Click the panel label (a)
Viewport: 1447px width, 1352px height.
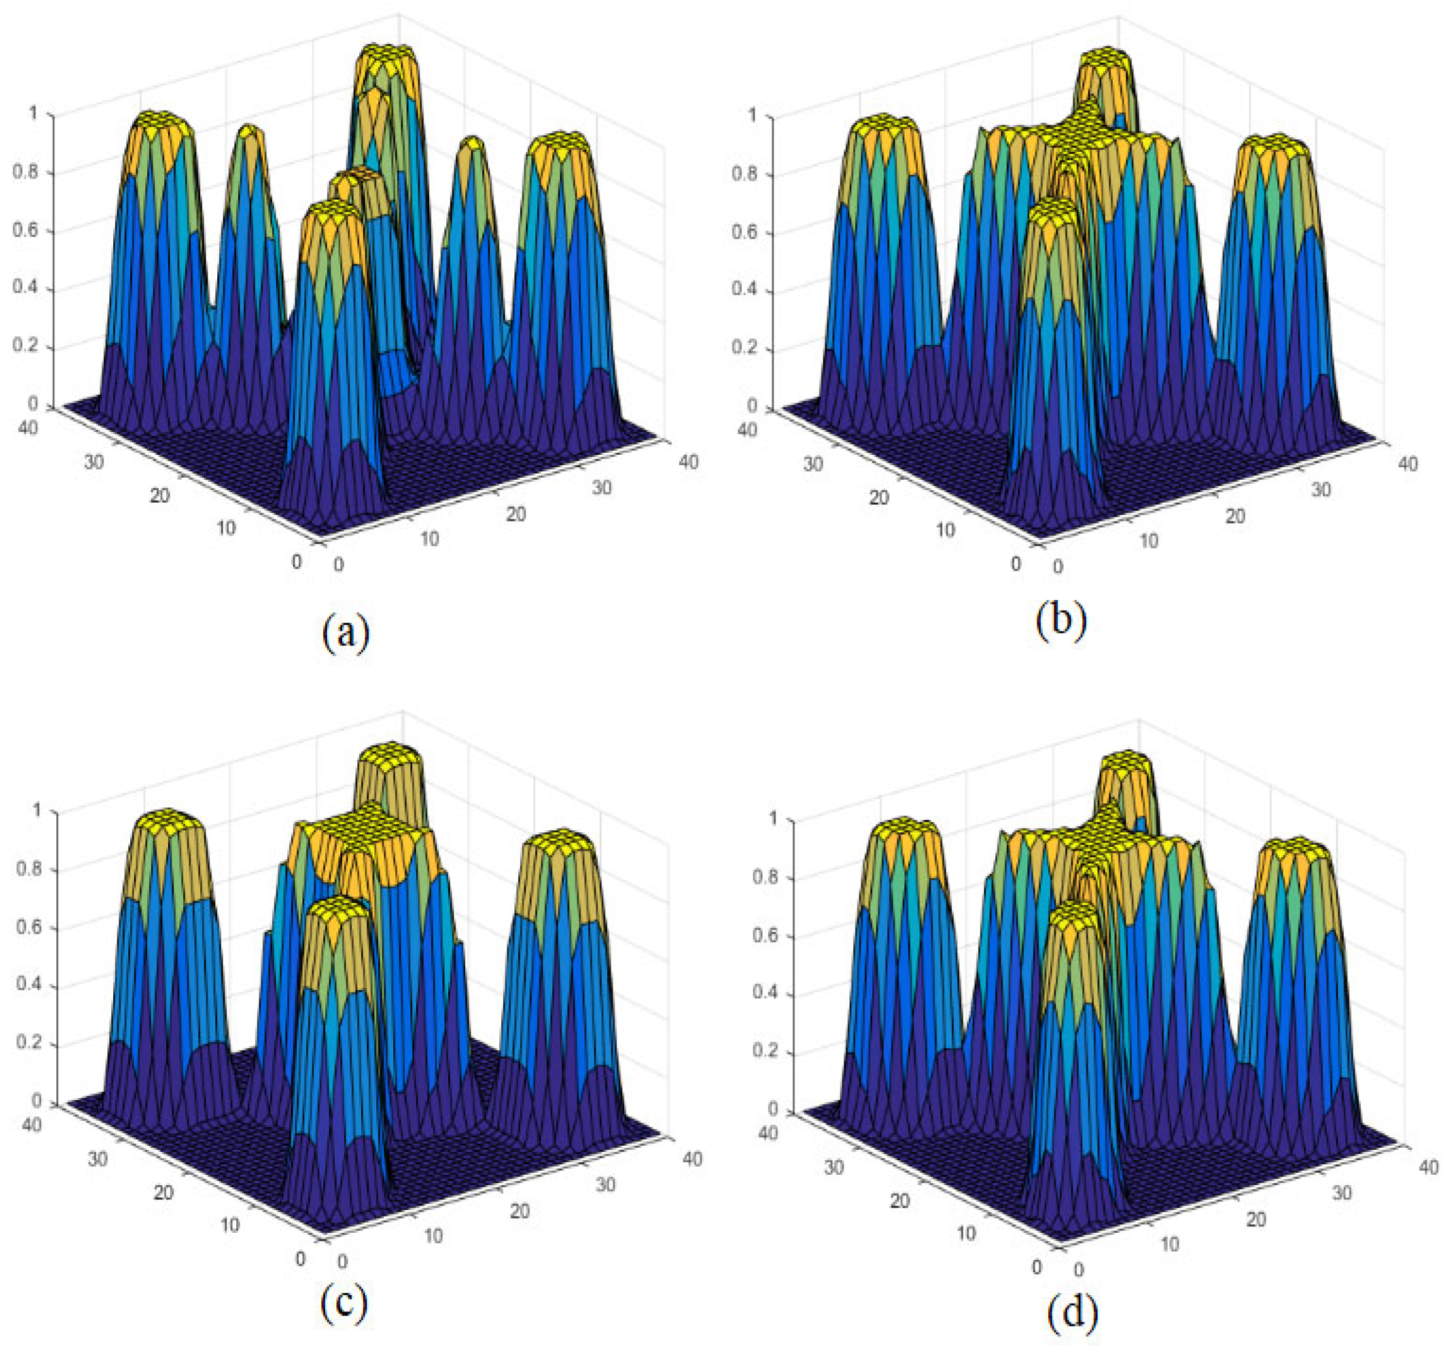pos(346,632)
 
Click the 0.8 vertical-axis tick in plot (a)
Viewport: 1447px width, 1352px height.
pos(26,173)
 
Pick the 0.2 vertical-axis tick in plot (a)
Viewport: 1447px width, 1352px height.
pos(26,346)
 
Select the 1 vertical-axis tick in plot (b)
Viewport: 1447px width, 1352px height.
pos(753,116)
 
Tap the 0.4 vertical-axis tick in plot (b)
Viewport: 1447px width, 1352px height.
pos(745,291)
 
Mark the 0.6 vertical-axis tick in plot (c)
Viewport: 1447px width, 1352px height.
pos(29,928)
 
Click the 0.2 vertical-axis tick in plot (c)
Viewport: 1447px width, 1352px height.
pos(29,1045)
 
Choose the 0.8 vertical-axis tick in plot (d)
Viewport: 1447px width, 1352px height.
pos(764,878)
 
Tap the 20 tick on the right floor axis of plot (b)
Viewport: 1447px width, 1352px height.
pos(1235,516)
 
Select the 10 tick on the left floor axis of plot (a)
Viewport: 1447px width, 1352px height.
pos(226,527)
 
